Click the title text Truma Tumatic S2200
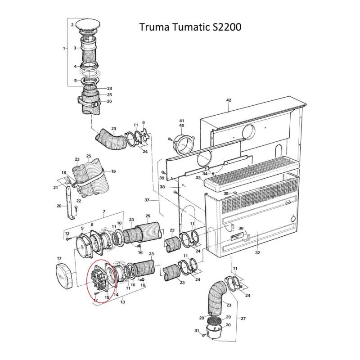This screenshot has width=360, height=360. click(190, 27)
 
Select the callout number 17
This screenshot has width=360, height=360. click(58, 258)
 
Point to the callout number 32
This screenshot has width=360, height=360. click(257, 253)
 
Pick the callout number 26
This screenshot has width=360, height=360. click(109, 101)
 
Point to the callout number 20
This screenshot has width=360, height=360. click(59, 206)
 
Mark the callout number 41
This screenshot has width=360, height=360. click(182, 121)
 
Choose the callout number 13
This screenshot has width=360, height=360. click(122, 302)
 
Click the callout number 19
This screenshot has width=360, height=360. click(113, 171)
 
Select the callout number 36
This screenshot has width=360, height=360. click(241, 228)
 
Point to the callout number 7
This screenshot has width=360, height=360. click(104, 211)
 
